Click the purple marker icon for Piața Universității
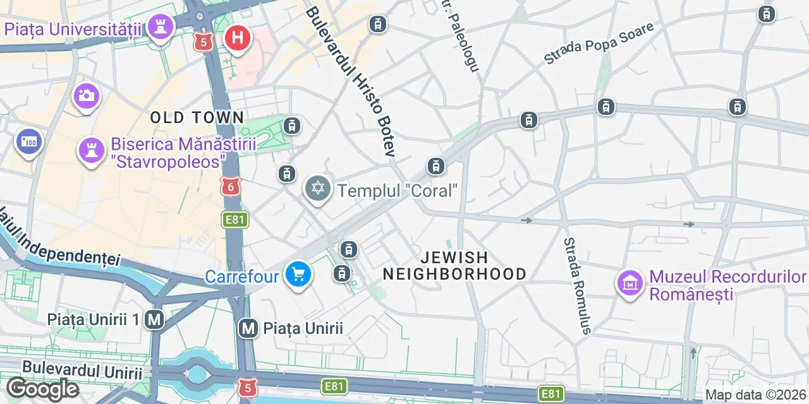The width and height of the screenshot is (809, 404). click(162, 27)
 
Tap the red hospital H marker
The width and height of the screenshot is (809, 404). click(238, 38)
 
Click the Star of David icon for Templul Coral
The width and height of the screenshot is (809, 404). click(317, 189)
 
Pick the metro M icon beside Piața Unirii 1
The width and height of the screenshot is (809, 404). click(154, 320)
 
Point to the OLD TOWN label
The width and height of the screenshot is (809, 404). click(197, 117)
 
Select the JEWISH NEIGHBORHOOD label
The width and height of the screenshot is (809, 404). click(454, 266)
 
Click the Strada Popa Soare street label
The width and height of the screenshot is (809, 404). click(598, 44)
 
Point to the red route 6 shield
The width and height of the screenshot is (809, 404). click(231, 186)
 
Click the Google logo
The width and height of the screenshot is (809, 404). click(42, 389)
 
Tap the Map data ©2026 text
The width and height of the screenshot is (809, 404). click(755, 395)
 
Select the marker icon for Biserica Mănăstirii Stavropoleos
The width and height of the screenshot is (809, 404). click(91, 151)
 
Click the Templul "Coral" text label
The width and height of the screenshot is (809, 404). click(397, 190)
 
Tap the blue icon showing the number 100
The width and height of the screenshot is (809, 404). click(28, 141)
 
